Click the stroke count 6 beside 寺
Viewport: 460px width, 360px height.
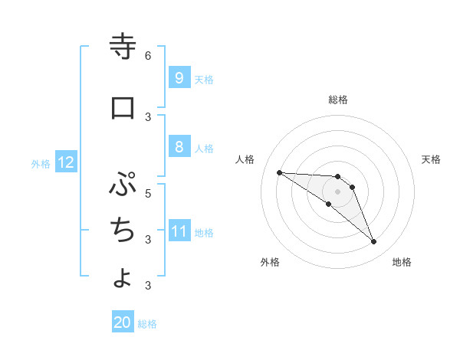[x=148, y=56]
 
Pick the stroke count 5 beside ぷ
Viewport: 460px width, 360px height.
[x=148, y=193]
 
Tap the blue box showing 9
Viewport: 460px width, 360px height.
[x=179, y=77]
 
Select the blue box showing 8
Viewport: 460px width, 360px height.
[x=179, y=146]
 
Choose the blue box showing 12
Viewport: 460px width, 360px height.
[x=66, y=162]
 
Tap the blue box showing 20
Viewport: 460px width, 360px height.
[x=123, y=322]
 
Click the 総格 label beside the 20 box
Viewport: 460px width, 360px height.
[x=147, y=324]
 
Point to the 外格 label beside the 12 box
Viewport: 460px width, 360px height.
[x=40, y=163]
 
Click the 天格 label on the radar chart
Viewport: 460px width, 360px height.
[x=432, y=159]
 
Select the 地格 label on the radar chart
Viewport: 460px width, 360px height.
[x=402, y=262]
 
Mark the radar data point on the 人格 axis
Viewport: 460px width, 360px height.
[x=279, y=172]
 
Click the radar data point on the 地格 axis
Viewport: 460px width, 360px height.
[x=373, y=242]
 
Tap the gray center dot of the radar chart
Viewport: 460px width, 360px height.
[x=337, y=191]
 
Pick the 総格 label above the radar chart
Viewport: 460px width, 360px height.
[x=337, y=100]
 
